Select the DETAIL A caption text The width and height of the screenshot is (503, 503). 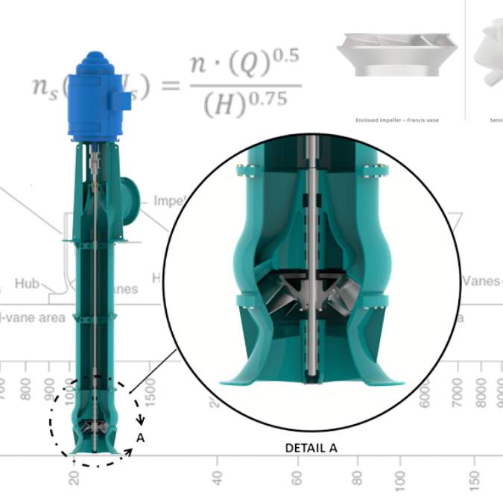pyautogui.click(x=311, y=448)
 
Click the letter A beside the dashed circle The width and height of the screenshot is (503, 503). pyautogui.click(x=139, y=438)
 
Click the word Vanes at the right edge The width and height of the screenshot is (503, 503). pyautogui.click(x=481, y=281)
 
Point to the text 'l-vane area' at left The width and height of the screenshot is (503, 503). pyautogui.click(x=33, y=317)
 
